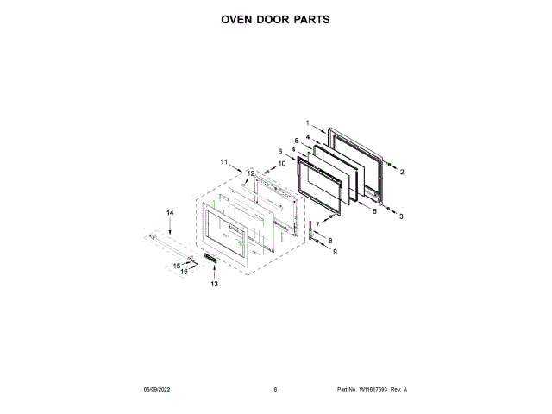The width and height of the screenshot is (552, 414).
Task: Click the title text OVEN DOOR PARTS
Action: (275, 18)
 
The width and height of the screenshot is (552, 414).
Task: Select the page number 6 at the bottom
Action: (275, 390)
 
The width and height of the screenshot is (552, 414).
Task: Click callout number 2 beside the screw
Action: (401, 172)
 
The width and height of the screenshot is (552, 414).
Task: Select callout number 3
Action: (401, 216)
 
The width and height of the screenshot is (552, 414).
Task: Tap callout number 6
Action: (280, 152)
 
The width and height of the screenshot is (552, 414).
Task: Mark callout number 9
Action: (336, 251)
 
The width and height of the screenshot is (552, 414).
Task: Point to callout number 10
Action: (281, 163)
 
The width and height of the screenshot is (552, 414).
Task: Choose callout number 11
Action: (223, 161)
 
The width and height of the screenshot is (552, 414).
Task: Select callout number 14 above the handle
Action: (170, 212)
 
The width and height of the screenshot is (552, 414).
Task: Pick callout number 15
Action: (176, 266)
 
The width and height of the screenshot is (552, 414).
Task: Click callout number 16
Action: (184, 272)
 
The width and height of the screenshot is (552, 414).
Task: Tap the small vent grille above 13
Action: (212, 260)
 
